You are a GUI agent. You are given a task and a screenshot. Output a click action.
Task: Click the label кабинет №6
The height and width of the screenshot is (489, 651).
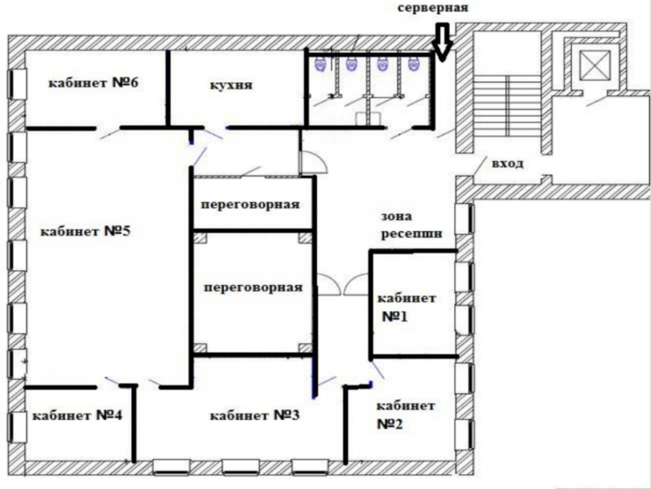point(93,82)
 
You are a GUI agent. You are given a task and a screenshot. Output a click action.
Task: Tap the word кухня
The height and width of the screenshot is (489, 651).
point(231,85)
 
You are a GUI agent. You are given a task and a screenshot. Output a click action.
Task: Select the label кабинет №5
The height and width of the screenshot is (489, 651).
point(85,231)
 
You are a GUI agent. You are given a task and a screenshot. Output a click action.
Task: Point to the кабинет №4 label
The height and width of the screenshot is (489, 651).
point(77,415)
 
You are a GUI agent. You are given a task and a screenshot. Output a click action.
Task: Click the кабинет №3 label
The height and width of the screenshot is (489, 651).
point(255,415)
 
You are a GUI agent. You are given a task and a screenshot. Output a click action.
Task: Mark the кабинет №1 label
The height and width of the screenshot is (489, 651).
point(406,307)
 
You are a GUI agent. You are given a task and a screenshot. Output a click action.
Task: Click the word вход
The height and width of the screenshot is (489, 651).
point(507,164)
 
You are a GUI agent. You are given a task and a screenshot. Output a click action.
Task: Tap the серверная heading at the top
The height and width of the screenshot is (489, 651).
point(433,7)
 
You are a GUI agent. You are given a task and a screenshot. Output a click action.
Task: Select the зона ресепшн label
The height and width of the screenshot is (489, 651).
point(411,224)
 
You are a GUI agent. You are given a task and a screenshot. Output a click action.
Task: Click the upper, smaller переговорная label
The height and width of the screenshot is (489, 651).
point(251,205)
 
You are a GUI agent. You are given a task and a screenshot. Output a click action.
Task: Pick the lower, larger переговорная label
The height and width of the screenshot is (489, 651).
point(253,288)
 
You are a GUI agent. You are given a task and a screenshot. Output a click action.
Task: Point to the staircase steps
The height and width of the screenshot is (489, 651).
point(507,106)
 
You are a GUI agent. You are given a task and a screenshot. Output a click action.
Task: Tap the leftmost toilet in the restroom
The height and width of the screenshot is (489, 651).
point(320,64)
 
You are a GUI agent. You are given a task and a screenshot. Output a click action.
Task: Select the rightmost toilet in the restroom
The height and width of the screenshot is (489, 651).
point(413,64)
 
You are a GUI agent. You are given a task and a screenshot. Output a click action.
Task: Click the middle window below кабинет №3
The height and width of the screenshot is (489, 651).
point(241,467)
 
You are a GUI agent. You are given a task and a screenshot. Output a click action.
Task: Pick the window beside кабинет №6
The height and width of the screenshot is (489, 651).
point(17,84)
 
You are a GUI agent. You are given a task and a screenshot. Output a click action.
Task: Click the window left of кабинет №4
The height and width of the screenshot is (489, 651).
point(17,427)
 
